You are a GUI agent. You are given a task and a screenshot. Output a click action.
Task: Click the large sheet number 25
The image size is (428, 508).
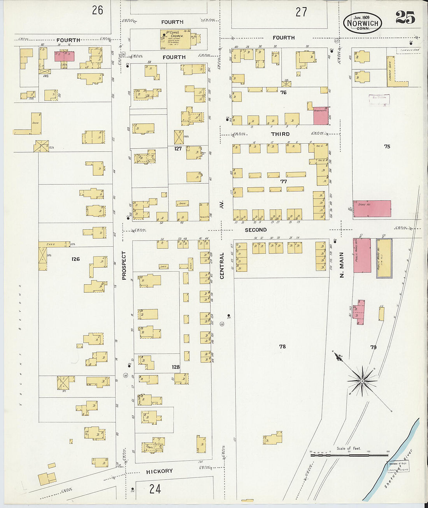point(405,18)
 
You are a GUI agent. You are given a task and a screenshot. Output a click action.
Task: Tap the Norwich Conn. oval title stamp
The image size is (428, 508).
point(363,23)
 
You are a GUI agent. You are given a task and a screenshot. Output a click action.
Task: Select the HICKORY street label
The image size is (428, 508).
point(159,471)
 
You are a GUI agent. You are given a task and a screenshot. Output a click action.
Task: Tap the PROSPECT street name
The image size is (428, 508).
point(124,265)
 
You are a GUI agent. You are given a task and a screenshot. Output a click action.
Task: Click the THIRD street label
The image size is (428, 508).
point(280,134)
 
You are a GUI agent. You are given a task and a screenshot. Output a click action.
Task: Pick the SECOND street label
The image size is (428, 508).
point(256,230)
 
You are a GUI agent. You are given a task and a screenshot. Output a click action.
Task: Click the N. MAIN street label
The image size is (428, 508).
point(342,265)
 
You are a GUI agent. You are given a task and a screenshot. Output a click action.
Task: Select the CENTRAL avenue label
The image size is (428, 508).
point(222,265)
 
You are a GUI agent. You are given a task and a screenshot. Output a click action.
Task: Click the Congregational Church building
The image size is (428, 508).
point(175,39)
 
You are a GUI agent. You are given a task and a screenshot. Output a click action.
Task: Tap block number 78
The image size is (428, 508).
point(282,346)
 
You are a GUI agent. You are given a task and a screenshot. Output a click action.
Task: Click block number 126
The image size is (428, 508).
point(75,259)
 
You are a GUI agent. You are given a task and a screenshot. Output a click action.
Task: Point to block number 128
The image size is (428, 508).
point(175,367)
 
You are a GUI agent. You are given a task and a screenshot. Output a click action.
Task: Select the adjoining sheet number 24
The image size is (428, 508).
point(155,489)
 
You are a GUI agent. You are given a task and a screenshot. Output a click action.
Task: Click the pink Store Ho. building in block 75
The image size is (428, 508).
point(372,209)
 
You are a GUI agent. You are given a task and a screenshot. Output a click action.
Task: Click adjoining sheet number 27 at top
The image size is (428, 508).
point(301,12)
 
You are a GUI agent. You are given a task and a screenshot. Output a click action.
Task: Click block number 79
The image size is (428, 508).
point(373,347)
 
